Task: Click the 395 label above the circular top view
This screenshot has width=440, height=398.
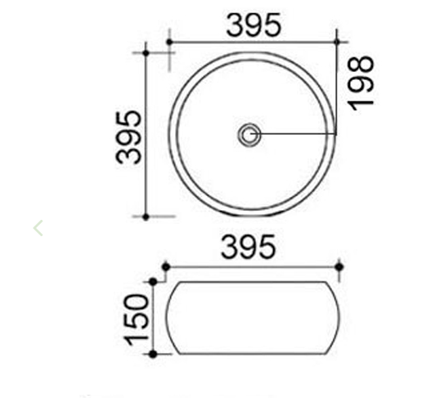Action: click(254, 25)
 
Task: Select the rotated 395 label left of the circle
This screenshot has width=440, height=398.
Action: click(128, 136)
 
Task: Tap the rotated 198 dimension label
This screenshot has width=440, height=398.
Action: click(361, 81)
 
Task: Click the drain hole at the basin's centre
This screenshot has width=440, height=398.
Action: click(249, 134)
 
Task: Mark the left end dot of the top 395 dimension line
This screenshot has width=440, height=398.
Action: click(168, 41)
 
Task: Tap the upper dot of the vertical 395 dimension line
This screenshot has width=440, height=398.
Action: click(146, 53)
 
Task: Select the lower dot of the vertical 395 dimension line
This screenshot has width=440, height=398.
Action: click(146, 217)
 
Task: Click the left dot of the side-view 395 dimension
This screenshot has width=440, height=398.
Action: click(165, 266)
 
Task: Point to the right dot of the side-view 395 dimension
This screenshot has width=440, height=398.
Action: click(339, 266)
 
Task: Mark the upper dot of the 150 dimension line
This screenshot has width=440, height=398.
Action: click(153, 282)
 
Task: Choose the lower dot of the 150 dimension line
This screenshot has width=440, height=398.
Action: click(153, 354)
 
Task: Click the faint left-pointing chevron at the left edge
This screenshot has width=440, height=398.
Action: click(38, 227)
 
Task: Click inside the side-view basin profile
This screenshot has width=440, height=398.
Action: click(252, 318)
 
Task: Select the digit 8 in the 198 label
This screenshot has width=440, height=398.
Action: click(361, 66)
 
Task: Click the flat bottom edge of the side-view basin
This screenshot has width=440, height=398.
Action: click(252, 354)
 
